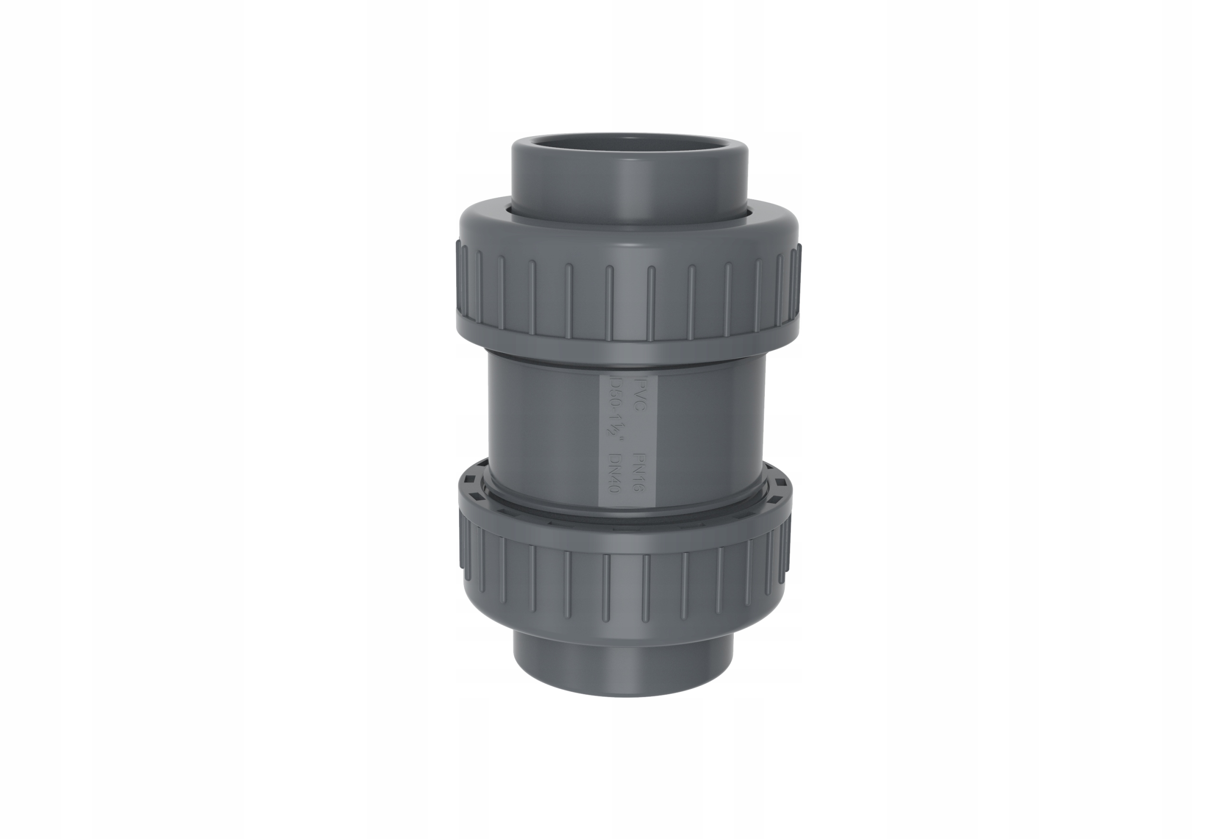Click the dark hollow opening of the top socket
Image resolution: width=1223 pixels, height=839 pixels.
(x=629, y=143)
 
